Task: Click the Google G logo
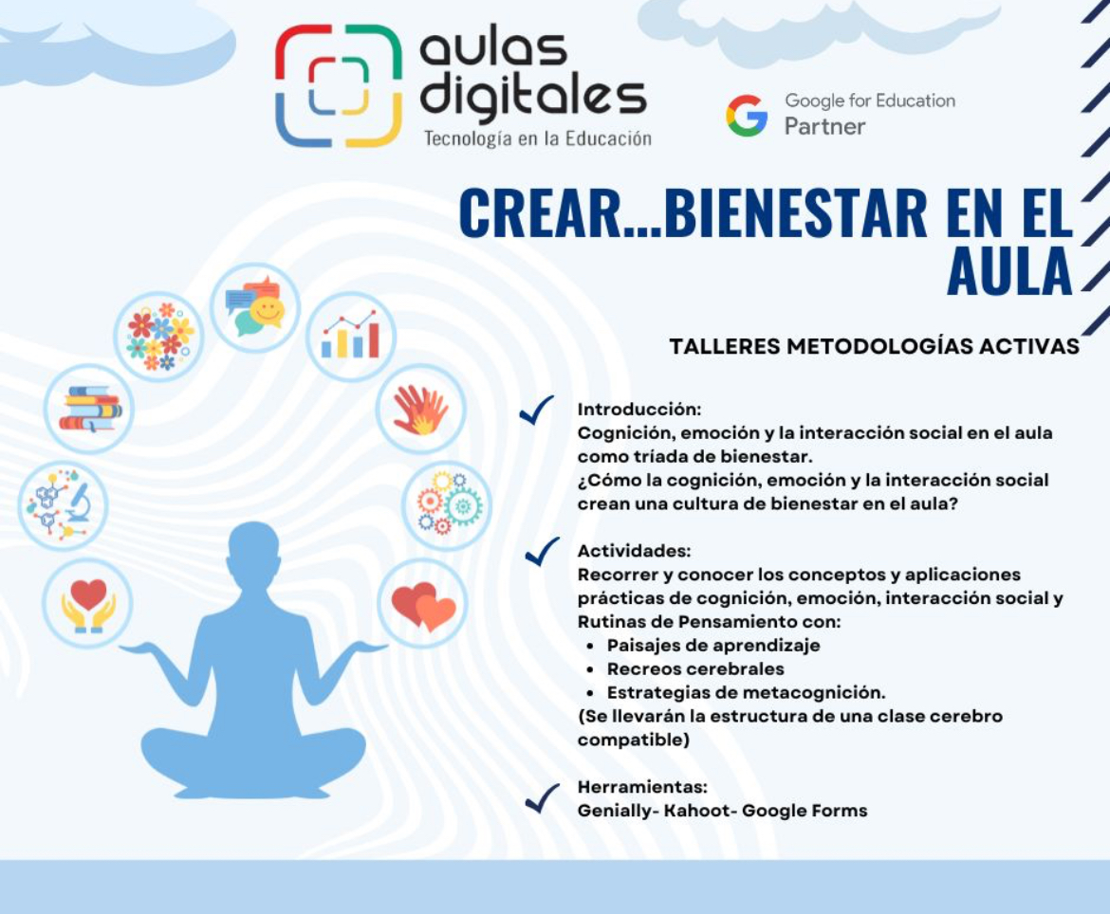click(747, 116)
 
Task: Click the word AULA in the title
click(1009, 271)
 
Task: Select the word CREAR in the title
click(540, 213)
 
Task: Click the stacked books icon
click(90, 409)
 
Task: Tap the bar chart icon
click(350, 336)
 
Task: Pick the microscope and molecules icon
click(63, 504)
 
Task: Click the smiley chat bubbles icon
click(255, 306)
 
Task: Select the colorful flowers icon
click(159, 337)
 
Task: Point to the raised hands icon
click(420, 409)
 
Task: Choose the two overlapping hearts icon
click(423, 606)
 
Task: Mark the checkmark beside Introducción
click(537, 410)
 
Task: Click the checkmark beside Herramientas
click(543, 798)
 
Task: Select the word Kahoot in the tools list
click(696, 811)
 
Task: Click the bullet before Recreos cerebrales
click(590, 669)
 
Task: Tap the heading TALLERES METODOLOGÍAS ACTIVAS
click(875, 347)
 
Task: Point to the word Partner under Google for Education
click(824, 127)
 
